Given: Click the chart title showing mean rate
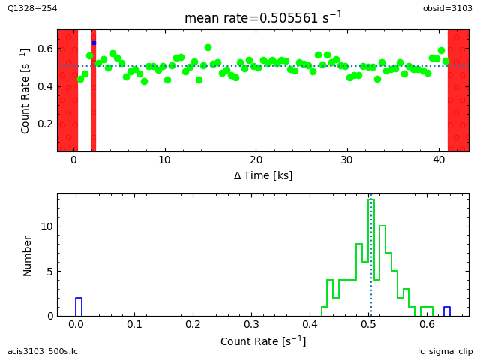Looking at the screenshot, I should pos(262,17).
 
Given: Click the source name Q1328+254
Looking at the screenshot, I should pos(32,8).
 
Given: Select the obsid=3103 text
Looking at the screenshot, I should pos(448,8).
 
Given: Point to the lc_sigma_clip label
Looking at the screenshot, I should pos(445,351).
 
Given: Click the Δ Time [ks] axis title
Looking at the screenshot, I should pos(262,175).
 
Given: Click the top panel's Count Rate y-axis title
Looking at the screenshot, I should pos(25,91).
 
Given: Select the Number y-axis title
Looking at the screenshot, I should pos(28,255).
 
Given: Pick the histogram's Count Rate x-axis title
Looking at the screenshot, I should pos(262,341).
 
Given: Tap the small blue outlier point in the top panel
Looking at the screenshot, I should pos(94,43).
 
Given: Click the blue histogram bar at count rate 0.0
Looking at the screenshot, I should pos(79,307).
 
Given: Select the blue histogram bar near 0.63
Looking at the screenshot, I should pos(447,311).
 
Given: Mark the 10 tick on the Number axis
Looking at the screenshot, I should pos(46,226).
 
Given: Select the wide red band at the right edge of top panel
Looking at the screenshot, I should pos(458,90).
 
